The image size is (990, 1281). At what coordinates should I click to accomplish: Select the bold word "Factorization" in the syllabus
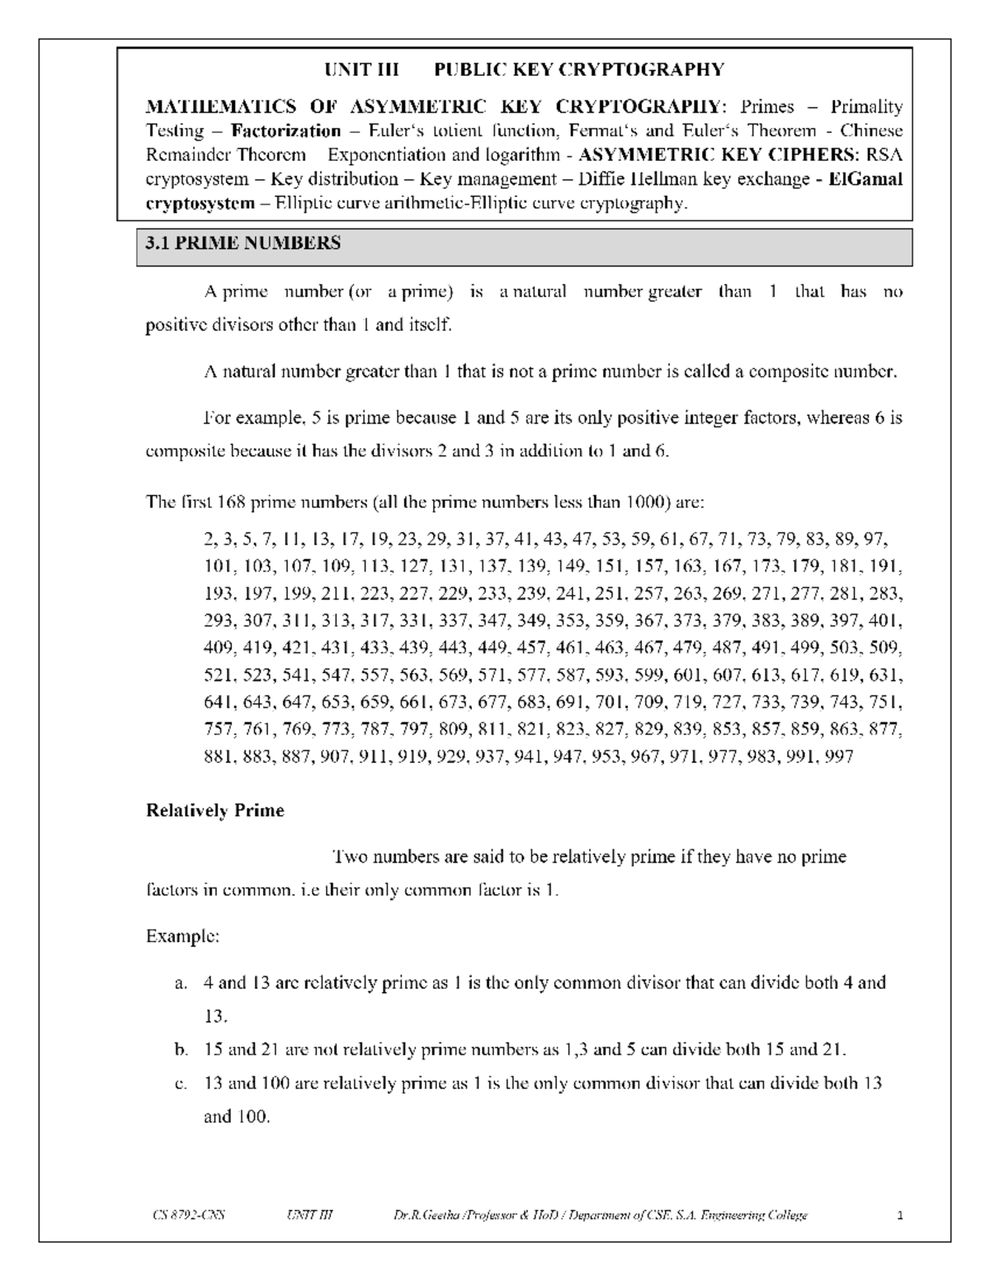(286, 131)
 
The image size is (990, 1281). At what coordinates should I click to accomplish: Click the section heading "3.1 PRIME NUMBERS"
(243, 243)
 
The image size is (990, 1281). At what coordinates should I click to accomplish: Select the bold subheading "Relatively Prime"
(214, 811)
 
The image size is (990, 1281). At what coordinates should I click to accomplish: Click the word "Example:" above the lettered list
(182, 937)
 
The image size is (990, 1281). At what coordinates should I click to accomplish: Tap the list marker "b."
(181, 1050)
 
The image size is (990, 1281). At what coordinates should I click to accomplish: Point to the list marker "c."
(181, 1084)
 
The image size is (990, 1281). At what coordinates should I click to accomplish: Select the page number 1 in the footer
(901, 1216)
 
